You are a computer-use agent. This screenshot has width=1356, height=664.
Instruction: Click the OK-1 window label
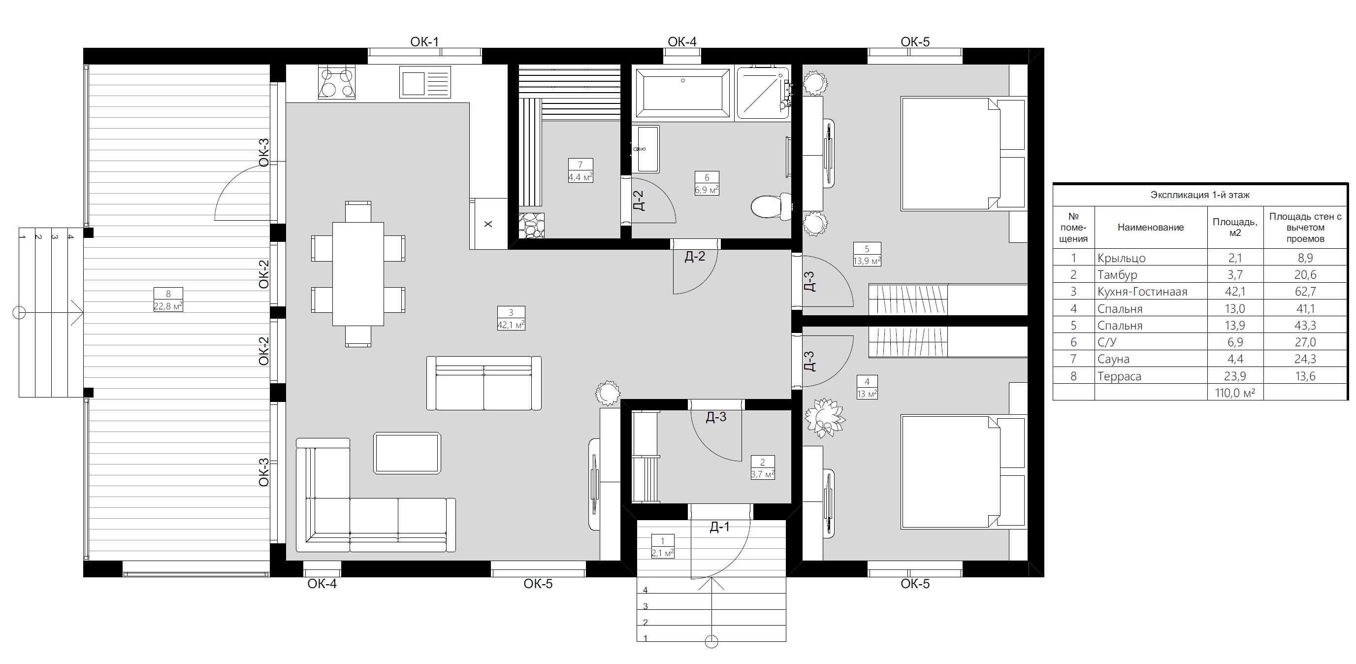424,41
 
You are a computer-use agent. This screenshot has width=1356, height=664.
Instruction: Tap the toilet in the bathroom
771,206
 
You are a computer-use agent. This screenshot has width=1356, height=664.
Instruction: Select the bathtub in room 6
683,93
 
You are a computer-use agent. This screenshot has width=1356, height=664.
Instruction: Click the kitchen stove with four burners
336,83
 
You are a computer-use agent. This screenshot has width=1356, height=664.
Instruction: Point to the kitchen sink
425,82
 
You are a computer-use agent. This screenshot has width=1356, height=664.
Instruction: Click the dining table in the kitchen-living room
358,274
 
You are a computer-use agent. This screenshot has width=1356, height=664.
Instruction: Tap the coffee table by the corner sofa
407,453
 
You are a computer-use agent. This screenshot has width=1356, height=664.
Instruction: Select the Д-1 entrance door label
719,527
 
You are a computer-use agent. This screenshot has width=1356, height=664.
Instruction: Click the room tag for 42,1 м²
511,318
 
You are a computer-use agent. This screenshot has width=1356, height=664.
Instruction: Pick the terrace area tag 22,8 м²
168,299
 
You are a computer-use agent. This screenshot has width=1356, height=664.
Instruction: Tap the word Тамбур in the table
1117,275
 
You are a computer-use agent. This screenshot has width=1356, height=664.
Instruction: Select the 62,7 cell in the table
1305,292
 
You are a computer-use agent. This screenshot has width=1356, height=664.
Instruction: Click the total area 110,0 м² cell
1234,393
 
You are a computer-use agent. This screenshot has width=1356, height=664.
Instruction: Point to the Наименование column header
1150,228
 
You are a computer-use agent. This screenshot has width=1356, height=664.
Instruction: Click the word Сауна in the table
1113,359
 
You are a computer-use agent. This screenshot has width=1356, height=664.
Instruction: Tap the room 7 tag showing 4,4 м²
580,170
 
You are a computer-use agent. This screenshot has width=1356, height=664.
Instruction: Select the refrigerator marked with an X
488,223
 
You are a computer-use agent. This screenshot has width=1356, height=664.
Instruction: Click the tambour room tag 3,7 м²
762,467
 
